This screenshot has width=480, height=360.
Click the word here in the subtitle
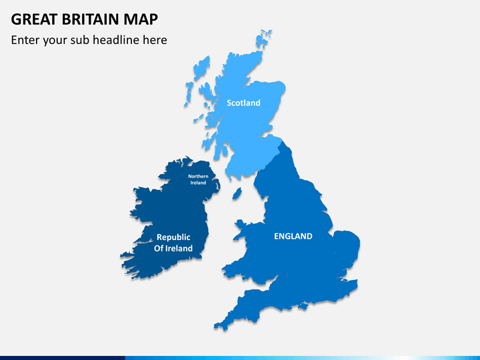(154, 40)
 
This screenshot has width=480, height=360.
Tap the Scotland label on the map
(243, 103)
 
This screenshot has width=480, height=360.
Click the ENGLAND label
(293, 236)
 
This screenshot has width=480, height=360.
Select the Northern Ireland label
(198, 179)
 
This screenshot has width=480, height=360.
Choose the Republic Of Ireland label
(173, 243)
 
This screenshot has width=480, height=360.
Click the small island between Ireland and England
(236, 194)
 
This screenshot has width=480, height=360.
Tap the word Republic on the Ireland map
(173, 237)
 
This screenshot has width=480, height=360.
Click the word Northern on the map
(198, 176)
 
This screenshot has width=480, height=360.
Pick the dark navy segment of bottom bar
(60, 357)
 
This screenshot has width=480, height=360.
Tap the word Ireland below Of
(178, 249)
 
